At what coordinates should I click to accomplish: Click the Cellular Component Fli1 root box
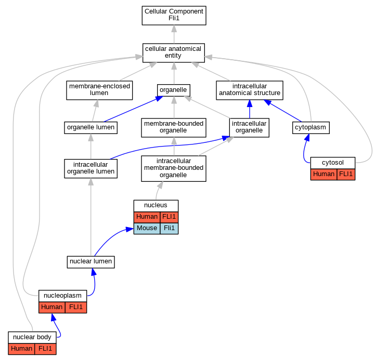pyautogui.click(x=174, y=16)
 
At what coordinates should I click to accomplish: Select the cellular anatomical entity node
pyautogui.click(x=174, y=53)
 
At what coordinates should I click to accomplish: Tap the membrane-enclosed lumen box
pyautogui.click(x=99, y=90)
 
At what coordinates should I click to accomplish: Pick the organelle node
pyautogui.click(x=174, y=90)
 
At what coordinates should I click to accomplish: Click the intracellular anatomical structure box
pyautogui.click(x=250, y=90)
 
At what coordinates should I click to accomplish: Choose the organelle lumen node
pyautogui.click(x=90, y=128)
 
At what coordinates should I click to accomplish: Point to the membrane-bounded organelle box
pyautogui.click(x=174, y=128)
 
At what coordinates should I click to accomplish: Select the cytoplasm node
pyautogui.click(x=311, y=128)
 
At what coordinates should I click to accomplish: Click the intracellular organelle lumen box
pyautogui.click(x=90, y=169)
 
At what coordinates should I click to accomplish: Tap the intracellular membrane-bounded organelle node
pyautogui.click(x=174, y=169)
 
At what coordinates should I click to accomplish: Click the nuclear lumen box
pyautogui.click(x=90, y=262)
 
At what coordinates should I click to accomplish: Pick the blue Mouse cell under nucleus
pyautogui.click(x=147, y=229)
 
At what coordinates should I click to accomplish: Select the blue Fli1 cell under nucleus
pyautogui.click(x=169, y=229)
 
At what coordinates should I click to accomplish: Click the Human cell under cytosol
pyautogui.click(x=324, y=175)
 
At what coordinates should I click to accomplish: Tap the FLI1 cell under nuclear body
pyautogui.click(x=45, y=349)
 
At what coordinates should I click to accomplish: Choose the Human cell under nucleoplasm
pyautogui.click(x=52, y=307)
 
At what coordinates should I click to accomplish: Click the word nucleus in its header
pyautogui.click(x=156, y=205)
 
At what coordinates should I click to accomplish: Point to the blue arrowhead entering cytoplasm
pyautogui.click(x=307, y=137)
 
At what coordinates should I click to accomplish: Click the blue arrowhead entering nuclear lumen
pyautogui.click(x=94, y=272)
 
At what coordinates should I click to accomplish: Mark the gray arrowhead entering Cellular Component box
pyautogui.click(x=174, y=29)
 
